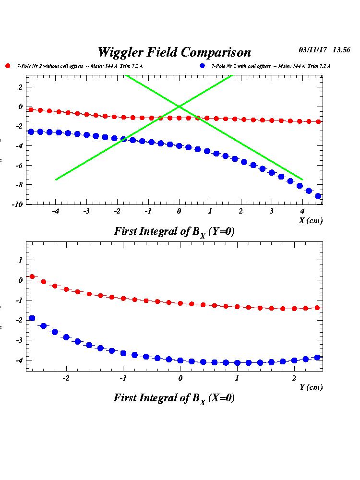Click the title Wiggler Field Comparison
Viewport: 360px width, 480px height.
[x=174, y=52]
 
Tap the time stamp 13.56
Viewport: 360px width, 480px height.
[x=342, y=49]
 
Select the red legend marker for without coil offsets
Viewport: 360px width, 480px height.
[x=8, y=66]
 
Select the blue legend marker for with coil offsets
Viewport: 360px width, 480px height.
[x=202, y=66]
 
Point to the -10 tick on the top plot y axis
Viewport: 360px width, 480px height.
[x=18, y=204]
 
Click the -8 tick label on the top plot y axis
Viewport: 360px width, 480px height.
[x=20, y=184]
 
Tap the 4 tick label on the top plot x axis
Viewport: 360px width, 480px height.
[x=302, y=211]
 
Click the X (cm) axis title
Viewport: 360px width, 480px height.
[x=311, y=220]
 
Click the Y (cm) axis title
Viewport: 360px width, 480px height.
[x=311, y=387]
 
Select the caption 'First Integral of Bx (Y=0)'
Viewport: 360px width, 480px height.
[x=174, y=231]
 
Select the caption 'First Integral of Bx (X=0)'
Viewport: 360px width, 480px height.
[x=174, y=398]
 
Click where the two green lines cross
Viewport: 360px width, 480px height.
[x=179, y=106]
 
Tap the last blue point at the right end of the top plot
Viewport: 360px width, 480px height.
[x=318, y=196]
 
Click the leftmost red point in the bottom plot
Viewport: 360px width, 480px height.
[x=32, y=276]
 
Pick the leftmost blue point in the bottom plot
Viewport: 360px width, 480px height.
[x=32, y=318]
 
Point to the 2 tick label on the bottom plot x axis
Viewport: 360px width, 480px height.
[x=294, y=378]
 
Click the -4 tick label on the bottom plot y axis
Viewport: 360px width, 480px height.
[x=20, y=360]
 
